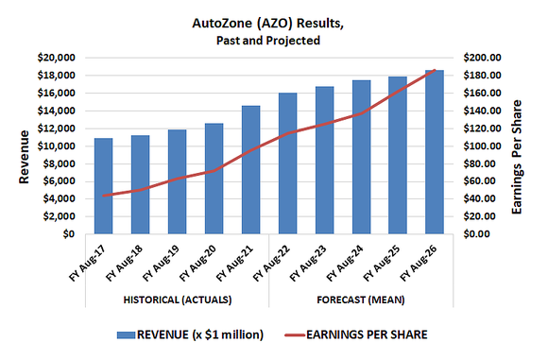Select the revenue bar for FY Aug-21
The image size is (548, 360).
[250, 170]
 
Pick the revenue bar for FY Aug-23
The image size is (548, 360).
[324, 160]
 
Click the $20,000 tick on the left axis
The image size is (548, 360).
[56, 58]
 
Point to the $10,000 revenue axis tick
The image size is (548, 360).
[56, 146]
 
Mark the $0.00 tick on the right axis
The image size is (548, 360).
[483, 234]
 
